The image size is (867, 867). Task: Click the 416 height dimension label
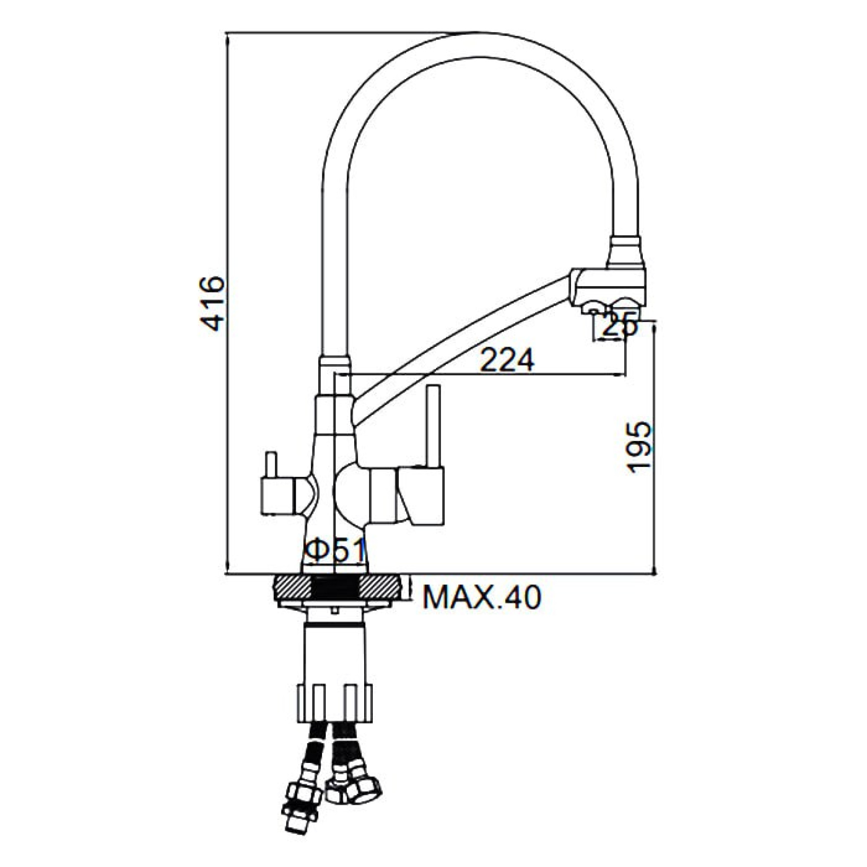click(211, 304)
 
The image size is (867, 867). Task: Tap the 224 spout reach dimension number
click(507, 360)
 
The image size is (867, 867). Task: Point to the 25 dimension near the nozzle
click(619, 326)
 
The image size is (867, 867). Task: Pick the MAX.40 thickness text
click(482, 597)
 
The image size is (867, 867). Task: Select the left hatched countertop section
click(292, 588)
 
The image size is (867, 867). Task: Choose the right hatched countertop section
click(381, 588)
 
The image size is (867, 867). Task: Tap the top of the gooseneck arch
click(480, 46)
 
